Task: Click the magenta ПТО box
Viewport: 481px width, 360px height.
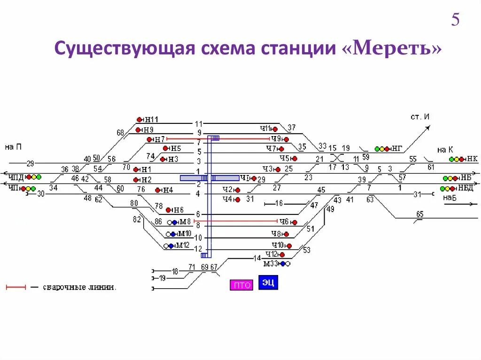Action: click(x=241, y=285)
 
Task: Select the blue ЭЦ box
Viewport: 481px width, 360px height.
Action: click(x=268, y=283)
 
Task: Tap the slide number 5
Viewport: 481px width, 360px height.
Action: click(x=455, y=20)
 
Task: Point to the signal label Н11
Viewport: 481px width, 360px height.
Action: click(x=151, y=120)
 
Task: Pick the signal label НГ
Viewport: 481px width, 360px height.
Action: click(x=397, y=149)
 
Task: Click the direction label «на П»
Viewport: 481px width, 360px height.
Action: click(x=13, y=147)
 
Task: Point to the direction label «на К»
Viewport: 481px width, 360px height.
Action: click(x=444, y=150)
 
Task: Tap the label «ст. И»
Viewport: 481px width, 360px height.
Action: click(x=420, y=116)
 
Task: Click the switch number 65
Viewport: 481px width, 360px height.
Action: click(x=419, y=214)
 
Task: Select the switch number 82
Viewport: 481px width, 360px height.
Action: click(x=137, y=219)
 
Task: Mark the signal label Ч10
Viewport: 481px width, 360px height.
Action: click(x=278, y=245)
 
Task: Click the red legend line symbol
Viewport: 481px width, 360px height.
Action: click(x=16, y=287)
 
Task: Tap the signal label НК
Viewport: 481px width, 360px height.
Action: click(x=472, y=159)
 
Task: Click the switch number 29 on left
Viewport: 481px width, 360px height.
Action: click(x=30, y=163)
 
